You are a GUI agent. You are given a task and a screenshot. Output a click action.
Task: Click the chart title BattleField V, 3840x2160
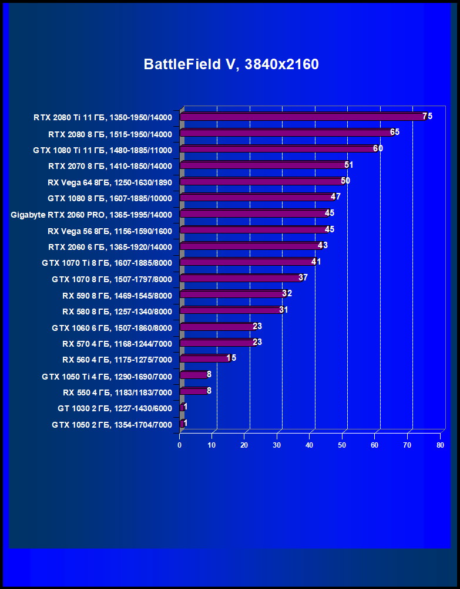click(231, 65)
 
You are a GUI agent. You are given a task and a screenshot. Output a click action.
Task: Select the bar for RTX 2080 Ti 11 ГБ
click(302, 117)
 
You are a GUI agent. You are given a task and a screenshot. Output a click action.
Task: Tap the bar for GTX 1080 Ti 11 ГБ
click(277, 149)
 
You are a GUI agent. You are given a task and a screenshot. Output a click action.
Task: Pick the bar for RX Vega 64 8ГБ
click(261, 181)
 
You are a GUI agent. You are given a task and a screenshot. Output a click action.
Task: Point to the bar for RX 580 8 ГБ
click(230, 310)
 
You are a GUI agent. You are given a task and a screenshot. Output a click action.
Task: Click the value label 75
click(427, 116)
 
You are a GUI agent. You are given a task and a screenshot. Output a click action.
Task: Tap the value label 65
click(394, 132)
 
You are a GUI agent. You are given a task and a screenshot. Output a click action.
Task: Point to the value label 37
click(303, 277)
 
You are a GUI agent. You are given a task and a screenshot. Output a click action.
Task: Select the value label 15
click(231, 358)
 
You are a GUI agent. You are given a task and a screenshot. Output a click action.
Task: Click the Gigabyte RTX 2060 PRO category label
click(92, 215)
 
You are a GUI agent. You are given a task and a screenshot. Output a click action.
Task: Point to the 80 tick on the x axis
click(440, 445)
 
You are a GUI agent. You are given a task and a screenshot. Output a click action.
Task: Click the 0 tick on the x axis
click(180, 445)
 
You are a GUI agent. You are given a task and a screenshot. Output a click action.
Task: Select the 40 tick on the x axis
click(310, 445)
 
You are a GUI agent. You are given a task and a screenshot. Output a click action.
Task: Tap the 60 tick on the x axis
click(375, 445)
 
